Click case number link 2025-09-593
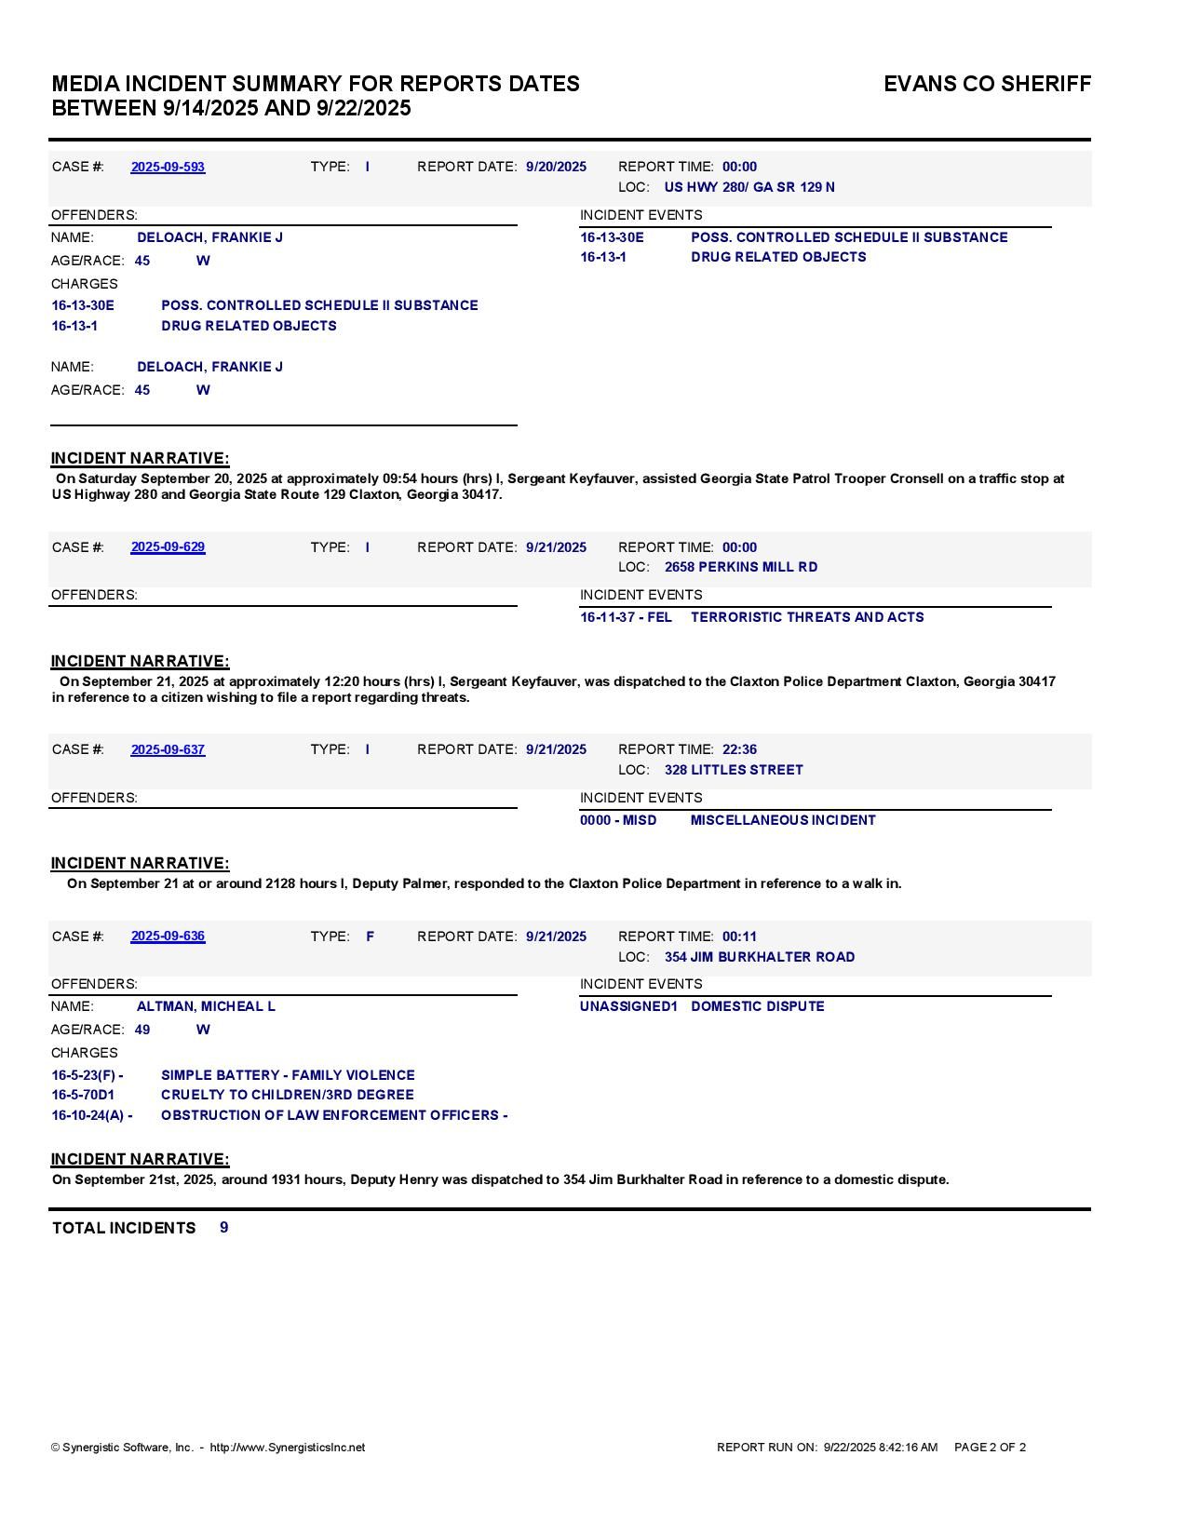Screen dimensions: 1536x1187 [168, 167]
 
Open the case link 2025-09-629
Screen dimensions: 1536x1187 [168, 547]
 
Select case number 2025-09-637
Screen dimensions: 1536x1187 [168, 749]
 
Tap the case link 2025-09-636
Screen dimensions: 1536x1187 [168, 936]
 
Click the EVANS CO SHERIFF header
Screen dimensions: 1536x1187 [987, 84]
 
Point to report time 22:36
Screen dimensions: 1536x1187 [739, 749]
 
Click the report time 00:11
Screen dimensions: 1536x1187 [739, 936]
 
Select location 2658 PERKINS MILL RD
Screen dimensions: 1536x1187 [741, 567]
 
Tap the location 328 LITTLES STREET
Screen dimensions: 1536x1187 [734, 770]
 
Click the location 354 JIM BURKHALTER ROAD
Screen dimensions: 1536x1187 [760, 957]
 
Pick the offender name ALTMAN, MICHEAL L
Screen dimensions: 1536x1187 [206, 1006]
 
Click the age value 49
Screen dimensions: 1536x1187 [142, 1030]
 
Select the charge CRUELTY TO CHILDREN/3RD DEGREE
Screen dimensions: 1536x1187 [288, 1095]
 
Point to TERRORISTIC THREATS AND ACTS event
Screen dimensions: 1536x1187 [807, 617]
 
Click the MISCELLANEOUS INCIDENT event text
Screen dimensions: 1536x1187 [783, 820]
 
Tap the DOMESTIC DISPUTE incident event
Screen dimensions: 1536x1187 [758, 1006]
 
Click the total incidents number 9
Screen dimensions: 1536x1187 [224, 1228]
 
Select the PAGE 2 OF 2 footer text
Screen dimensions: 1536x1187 [990, 1448]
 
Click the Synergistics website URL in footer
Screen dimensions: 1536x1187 [288, 1448]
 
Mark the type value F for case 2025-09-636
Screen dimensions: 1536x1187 [370, 936]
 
